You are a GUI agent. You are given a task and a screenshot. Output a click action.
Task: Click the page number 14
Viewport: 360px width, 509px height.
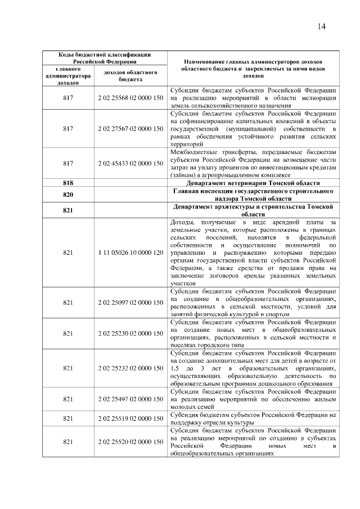[322, 26]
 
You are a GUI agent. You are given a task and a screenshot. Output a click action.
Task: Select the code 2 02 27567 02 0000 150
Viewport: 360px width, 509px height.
[130, 129]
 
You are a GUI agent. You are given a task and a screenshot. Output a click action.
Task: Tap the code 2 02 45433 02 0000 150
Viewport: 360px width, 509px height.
[130, 163]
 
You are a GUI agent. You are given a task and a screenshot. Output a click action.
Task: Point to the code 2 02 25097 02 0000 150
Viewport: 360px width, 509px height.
[130, 303]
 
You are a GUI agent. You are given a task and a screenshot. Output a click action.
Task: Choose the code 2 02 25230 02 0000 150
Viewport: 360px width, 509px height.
[130, 334]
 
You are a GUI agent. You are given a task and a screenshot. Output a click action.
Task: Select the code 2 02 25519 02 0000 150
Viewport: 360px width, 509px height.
[130, 419]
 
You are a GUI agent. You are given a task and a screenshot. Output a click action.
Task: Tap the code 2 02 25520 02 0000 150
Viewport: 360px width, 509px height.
[130, 443]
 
